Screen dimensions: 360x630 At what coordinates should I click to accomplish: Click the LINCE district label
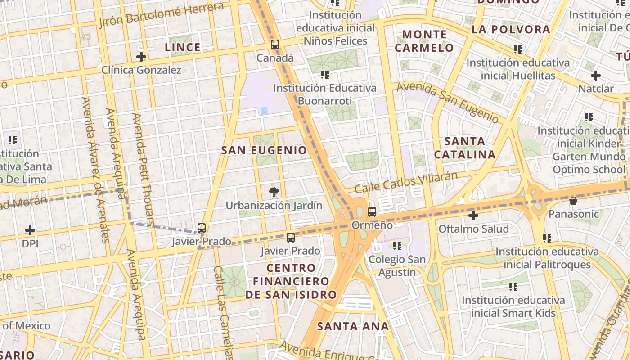[x=182, y=47]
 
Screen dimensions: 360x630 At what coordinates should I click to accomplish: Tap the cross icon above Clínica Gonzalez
[x=141, y=57]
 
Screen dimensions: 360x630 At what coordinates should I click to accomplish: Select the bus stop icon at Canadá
[x=275, y=45]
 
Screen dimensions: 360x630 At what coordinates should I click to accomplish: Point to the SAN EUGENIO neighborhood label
[x=264, y=150]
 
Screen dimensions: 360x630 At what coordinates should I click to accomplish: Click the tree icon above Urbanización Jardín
[x=273, y=193]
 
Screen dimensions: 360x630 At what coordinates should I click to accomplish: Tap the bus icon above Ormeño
[x=372, y=212]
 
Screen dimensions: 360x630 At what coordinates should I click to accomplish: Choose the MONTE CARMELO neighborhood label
[x=424, y=41]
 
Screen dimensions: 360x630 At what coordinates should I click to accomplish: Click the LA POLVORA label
[x=511, y=30]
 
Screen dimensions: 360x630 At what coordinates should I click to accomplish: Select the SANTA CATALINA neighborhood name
[x=465, y=148]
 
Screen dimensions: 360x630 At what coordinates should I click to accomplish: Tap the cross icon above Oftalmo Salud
[x=473, y=216]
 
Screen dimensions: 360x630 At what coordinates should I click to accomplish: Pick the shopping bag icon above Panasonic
[x=573, y=201]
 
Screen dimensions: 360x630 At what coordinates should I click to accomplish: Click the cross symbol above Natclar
[x=596, y=76]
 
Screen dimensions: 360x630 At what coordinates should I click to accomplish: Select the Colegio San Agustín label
[x=397, y=266]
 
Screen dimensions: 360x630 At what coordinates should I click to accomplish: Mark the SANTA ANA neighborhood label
[x=353, y=326]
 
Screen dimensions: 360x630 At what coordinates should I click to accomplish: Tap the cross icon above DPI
[x=30, y=231]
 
